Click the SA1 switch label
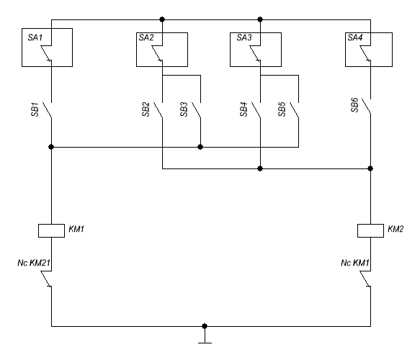pyautogui.click(x=35, y=37)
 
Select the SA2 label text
pyautogui.click(x=146, y=37)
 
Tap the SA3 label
pyautogui.click(x=244, y=37)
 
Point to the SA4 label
pyautogui.click(x=355, y=37)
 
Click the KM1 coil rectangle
pyautogui.click(x=51, y=230)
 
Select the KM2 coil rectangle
pyautogui.click(x=370, y=230)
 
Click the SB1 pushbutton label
pyautogui.click(x=35, y=109)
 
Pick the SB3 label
pyautogui.click(x=184, y=109)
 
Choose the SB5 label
pyautogui.click(x=282, y=109)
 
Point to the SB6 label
pyautogui.click(x=354, y=105)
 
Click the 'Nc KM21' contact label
pyautogui.click(x=34, y=263)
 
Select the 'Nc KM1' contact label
pyautogui.click(x=355, y=263)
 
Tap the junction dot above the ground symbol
pyautogui.click(x=205, y=326)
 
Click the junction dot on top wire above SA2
pyautogui.click(x=162, y=19)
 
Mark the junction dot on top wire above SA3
pyautogui.click(x=260, y=19)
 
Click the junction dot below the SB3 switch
pyautogui.click(x=200, y=147)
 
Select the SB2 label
pyautogui.click(x=146, y=109)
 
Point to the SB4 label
pyautogui.click(x=243, y=109)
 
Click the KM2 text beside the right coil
pyautogui.click(x=396, y=229)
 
